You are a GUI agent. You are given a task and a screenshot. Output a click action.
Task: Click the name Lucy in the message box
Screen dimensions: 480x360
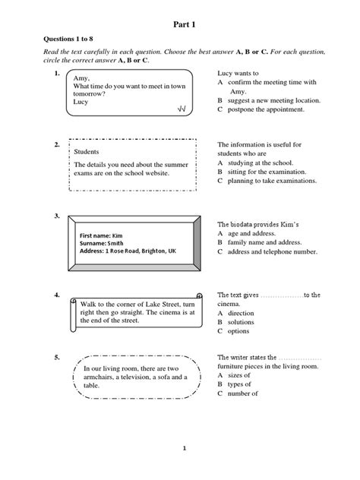(x=81, y=100)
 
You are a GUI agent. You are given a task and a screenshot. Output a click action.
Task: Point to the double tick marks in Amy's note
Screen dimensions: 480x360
(x=182, y=109)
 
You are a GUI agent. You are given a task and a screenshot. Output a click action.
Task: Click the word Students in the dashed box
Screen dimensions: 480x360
(x=88, y=151)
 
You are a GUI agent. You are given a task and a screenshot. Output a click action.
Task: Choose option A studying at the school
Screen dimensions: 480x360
(x=258, y=163)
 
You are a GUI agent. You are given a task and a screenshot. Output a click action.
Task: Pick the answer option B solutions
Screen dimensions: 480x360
(x=241, y=321)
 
